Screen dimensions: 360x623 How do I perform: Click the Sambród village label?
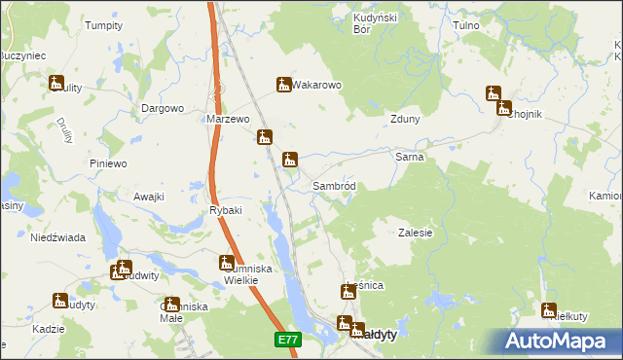click(x=339, y=186)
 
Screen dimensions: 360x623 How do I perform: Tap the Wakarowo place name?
click(x=317, y=86)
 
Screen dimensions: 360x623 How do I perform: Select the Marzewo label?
click(x=229, y=119)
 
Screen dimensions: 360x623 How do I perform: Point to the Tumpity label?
click(x=103, y=25)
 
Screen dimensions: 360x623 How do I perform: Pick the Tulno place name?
click(x=469, y=25)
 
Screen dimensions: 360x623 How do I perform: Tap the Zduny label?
click(x=404, y=120)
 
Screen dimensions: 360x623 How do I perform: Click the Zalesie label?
click(x=416, y=234)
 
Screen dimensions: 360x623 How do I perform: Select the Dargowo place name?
click(x=163, y=108)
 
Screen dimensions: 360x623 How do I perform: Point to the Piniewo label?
click(x=108, y=163)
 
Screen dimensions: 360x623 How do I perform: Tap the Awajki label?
click(x=149, y=197)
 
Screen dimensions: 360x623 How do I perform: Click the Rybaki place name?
click(x=225, y=210)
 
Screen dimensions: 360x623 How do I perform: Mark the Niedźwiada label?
click(x=57, y=237)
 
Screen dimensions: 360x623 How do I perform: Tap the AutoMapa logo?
click(x=561, y=341)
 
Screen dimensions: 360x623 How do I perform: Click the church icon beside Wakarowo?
click(x=284, y=85)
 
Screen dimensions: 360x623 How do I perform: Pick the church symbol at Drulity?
click(x=56, y=84)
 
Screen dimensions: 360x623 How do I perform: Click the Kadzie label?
click(x=48, y=329)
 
